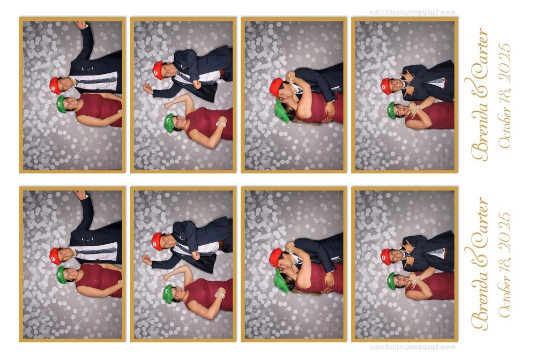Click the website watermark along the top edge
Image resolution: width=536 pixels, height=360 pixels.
coord(413,12)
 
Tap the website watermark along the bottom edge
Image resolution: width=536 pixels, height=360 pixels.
coord(413,347)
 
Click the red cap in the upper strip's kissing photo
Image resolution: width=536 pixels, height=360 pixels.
coord(276,87)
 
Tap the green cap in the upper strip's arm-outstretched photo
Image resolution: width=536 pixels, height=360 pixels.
coord(61,104)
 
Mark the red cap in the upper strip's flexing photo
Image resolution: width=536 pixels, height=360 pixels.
coord(158,70)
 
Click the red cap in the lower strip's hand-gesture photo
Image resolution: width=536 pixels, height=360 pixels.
coord(386,257)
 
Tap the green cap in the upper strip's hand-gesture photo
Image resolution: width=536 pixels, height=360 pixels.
coord(391,110)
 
